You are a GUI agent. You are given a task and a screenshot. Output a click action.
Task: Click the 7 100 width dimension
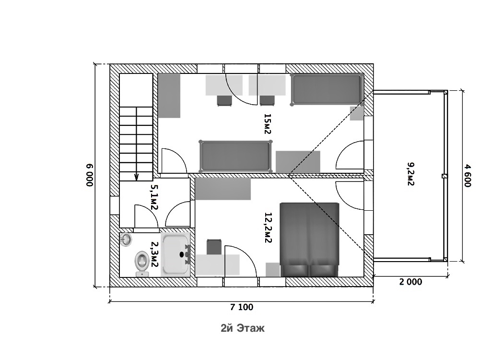point(242,307)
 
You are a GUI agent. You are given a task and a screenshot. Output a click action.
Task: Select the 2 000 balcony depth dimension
point(410,282)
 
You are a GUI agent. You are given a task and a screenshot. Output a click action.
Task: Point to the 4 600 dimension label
point(467,176)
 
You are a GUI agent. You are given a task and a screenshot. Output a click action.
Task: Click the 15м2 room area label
point(268,124)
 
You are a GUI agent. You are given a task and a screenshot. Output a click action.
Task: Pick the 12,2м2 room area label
point(268,228)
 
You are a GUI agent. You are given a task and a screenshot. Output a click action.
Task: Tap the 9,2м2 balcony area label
point(410,174)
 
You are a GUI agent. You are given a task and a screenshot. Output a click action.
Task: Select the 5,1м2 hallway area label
point(153,197)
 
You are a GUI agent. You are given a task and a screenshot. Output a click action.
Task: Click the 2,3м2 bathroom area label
point(154,254)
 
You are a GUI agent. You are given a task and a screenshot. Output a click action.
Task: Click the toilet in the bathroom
point(142,264)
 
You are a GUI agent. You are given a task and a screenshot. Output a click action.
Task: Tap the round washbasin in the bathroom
point(126,240)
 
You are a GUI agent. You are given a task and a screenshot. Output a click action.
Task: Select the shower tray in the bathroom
point(176,254)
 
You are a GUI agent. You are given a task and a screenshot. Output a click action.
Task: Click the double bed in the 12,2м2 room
point(309,240)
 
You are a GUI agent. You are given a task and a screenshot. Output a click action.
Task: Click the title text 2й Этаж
point(243,328)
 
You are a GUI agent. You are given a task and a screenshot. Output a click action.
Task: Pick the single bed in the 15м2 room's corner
point(327,89)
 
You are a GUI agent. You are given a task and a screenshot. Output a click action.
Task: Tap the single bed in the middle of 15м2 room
point(235,156)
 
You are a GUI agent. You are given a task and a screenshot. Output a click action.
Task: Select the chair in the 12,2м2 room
point(214,247)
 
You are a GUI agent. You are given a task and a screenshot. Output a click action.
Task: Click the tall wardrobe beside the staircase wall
point(169,96)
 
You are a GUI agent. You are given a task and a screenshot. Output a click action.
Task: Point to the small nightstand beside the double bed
point(272,270)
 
